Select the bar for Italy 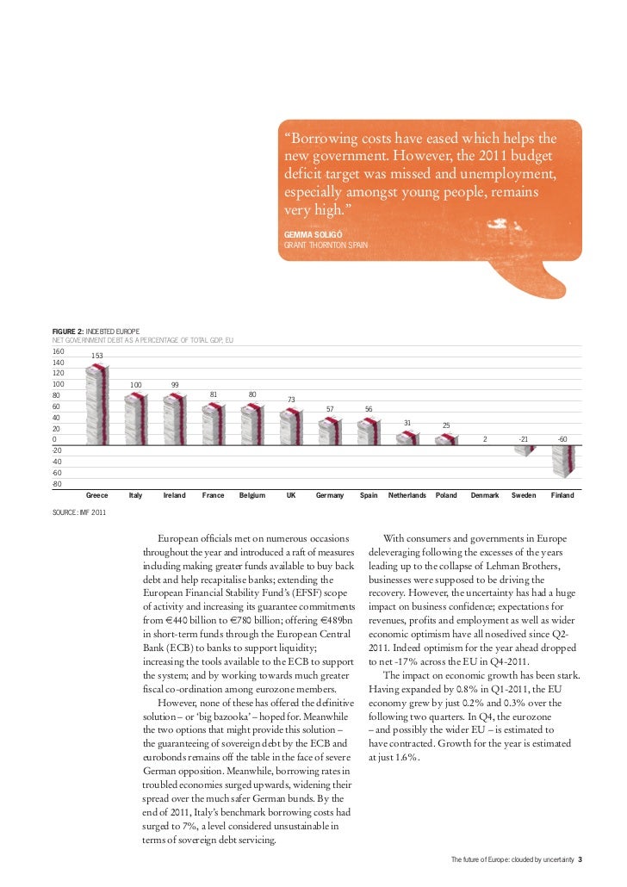coord(136,419)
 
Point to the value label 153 coord(97,356)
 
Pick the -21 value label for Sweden coord(523,438)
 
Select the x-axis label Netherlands coord(407,495)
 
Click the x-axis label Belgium coord(252,495)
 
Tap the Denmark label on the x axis coord(485,495)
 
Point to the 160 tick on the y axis coord(58,351)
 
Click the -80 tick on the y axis coord(58,484)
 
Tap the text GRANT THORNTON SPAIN coord(326,245)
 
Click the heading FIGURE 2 coord(69,332)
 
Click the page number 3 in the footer coord(580,859)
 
